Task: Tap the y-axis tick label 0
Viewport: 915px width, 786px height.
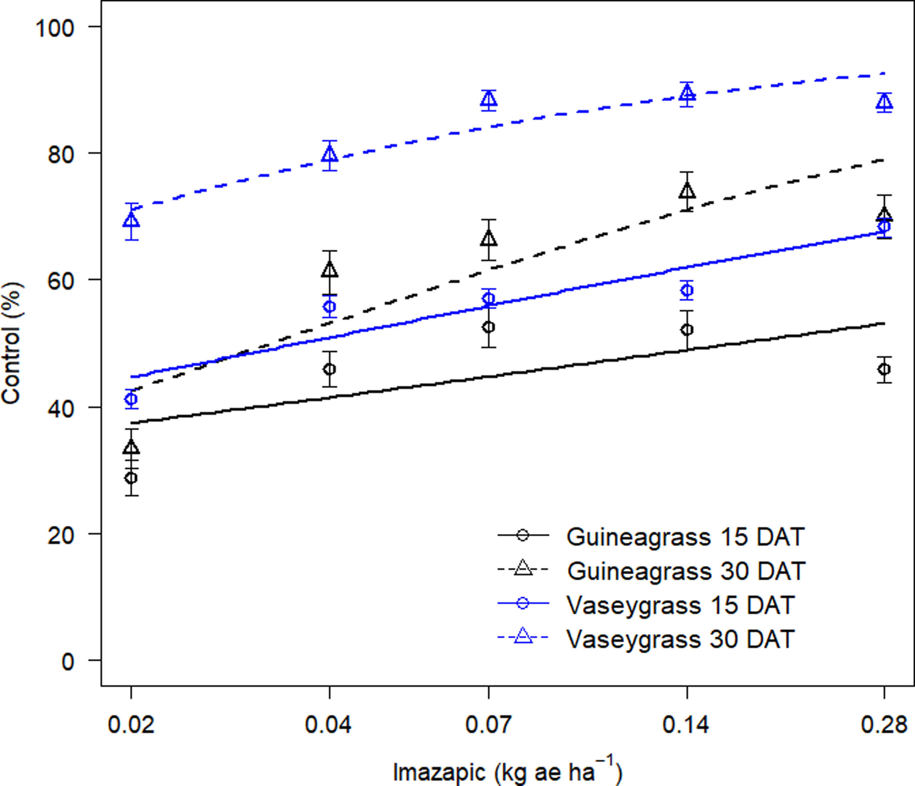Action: tap(67, 662)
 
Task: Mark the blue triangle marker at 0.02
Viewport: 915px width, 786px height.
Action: tap(131, 220)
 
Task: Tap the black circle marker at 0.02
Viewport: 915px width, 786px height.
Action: tap(131, 478)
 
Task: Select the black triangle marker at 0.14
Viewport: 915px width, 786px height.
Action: tap(687, 192)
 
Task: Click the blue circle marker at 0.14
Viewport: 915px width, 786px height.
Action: tap(687, 290)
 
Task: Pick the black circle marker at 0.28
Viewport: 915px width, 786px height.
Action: tap(884, 369)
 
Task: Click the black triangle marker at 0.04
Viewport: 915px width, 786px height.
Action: tap(330, 270)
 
